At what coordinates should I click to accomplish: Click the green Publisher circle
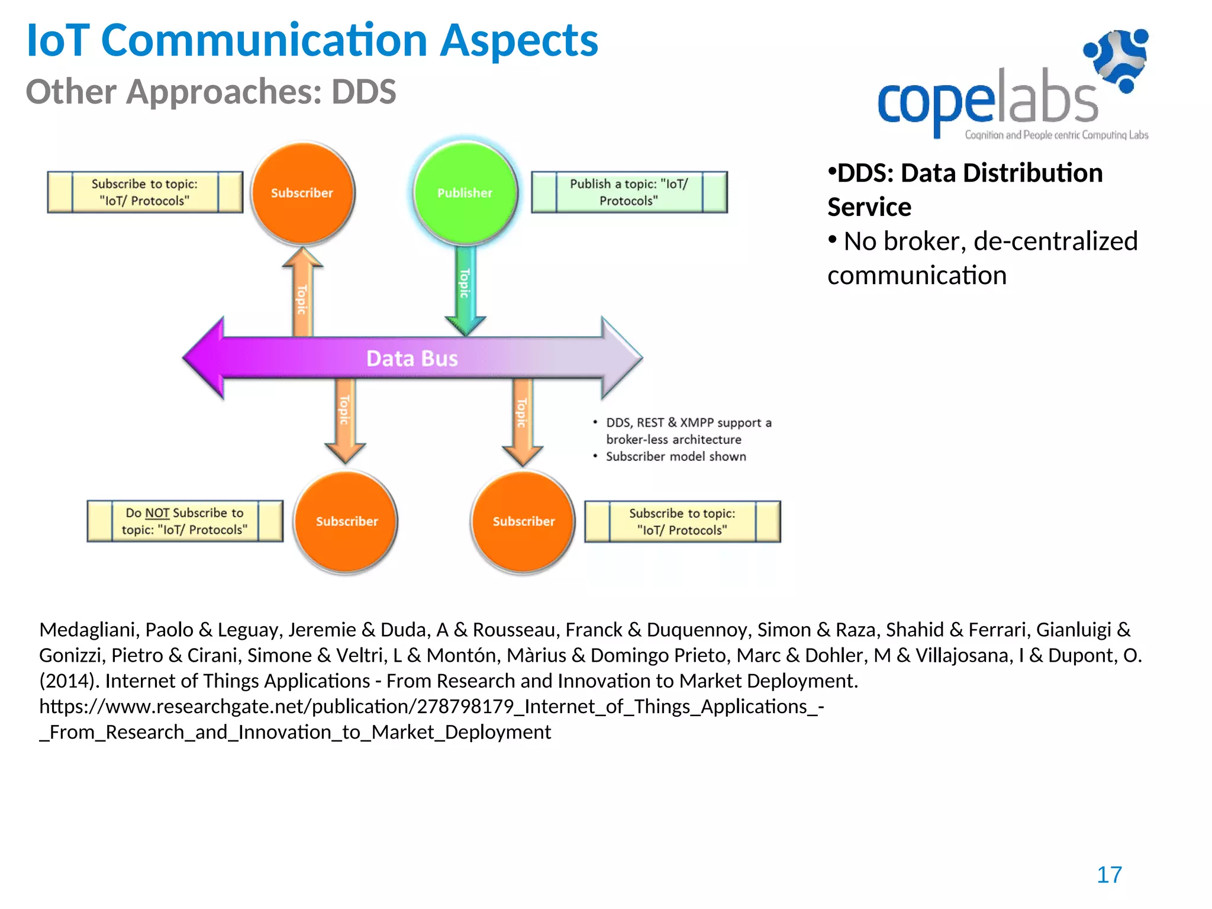click(x=465, y=193)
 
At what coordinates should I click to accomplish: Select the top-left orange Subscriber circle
click(x=302, y=193)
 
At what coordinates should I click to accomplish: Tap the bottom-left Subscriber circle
click(x=346, y=521)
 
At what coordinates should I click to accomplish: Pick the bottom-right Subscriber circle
click(x=523, y=521)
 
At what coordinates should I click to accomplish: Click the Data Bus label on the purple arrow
click(x=412, y=359)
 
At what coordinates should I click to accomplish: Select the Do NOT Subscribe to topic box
click(x=185, y=521)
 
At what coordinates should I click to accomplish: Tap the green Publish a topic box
click(x=628, y=192)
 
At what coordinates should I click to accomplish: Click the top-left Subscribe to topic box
click(x=145, y=192)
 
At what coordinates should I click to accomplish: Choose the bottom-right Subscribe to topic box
click(x=682, y=522)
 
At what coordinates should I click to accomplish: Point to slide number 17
click(x=1109, y=875)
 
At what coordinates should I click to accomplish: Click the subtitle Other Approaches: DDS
click(x=211, y=92)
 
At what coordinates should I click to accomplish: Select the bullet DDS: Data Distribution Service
click(x=965, y=189)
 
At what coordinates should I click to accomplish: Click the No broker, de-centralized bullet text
click(x=982, y=258)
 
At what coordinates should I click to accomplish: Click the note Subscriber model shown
click(x=676, y=457)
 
